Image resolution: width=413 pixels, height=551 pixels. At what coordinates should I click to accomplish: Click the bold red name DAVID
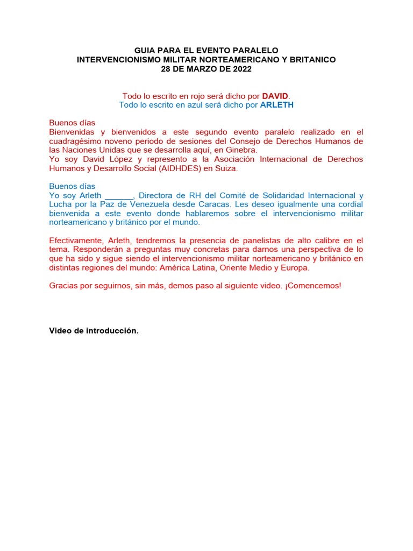tap(275, 96)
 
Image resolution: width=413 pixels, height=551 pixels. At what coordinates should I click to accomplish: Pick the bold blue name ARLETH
tap(276, 105)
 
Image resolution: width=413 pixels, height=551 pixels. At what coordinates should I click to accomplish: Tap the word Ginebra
tap(242, 150)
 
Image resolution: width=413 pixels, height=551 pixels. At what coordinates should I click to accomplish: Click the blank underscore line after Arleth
tap(119, 195)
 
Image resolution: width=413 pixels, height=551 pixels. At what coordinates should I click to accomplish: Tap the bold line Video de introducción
tap(94, 330)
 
